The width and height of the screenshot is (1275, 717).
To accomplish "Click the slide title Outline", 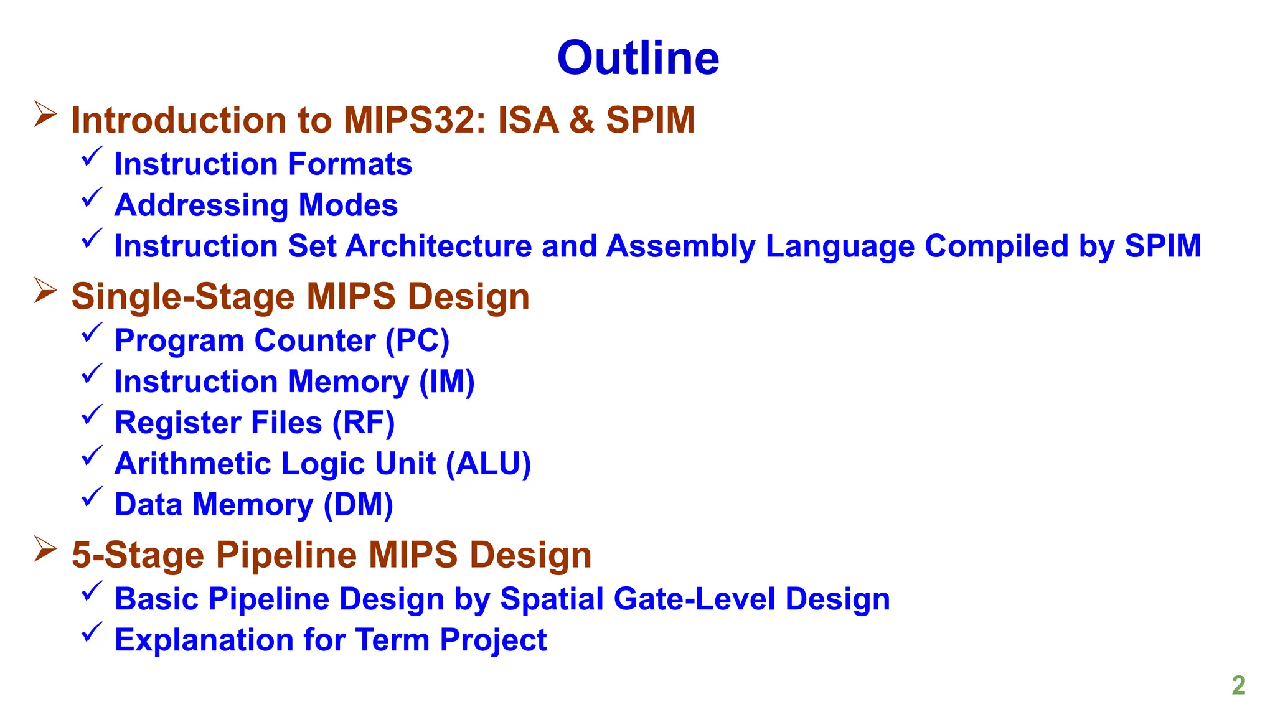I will (x=638, y=59).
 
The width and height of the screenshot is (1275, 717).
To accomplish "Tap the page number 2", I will (x=1238, y=685).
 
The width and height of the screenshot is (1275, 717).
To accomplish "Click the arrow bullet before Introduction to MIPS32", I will (x=45, y=115).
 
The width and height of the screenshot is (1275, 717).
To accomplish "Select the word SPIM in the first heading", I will (x=650, y=120).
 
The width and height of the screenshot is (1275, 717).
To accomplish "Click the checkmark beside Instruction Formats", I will (x=92, y=157).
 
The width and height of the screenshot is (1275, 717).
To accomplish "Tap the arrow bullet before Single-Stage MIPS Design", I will (x=45, y=291).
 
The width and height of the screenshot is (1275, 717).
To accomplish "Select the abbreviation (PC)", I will (x=417, y=341).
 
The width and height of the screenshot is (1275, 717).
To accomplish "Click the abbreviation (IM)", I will (x=446, y=382).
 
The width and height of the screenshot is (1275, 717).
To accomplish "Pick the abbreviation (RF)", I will (x=364, y=423).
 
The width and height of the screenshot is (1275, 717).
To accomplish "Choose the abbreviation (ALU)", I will (x=488, y=464).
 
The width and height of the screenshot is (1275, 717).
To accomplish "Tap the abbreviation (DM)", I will (x=358, y=505).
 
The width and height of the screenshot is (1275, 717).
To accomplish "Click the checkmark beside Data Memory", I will (x=92, y=497).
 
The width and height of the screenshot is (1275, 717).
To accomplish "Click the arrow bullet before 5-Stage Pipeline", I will (x=45, y=549).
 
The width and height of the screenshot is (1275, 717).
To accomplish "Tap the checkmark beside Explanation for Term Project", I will (x=92, y=632).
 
